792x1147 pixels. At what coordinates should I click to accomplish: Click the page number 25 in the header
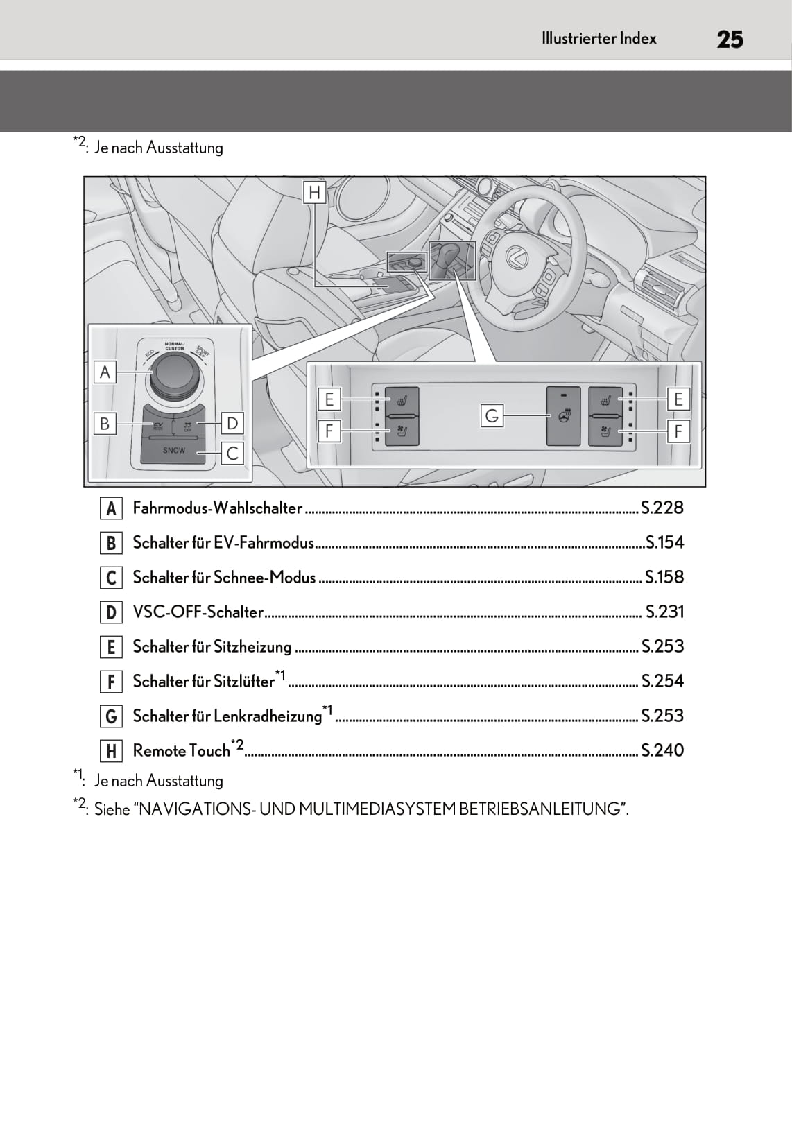tap(730, 40)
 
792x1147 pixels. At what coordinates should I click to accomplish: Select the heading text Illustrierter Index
tap(599, 39)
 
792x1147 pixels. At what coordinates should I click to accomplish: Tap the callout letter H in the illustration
tap(315, 192)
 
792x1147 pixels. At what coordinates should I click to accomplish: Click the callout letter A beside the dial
tap(105, 372)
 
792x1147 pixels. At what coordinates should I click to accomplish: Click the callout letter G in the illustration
tap(492, 416)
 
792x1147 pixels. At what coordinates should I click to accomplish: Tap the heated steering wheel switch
tap(563, 416)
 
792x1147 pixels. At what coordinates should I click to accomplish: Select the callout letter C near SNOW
tap(233, 454)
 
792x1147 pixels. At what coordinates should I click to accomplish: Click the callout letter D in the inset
tap(232, 423)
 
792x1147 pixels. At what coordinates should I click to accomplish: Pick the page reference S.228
tap(662, 508)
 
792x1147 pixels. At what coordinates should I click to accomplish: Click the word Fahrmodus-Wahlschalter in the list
tap(217, 508)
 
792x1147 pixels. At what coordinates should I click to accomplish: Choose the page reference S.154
tap(664, 543)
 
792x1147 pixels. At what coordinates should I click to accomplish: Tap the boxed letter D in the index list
tap(111, 612)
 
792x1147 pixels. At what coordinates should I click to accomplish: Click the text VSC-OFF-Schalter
tap(198, 612)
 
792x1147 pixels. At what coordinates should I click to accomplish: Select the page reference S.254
tap(662, 682)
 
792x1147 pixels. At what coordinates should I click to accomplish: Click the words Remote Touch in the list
tap(181, 751)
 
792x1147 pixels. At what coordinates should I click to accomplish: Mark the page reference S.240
tap(662, 751)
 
